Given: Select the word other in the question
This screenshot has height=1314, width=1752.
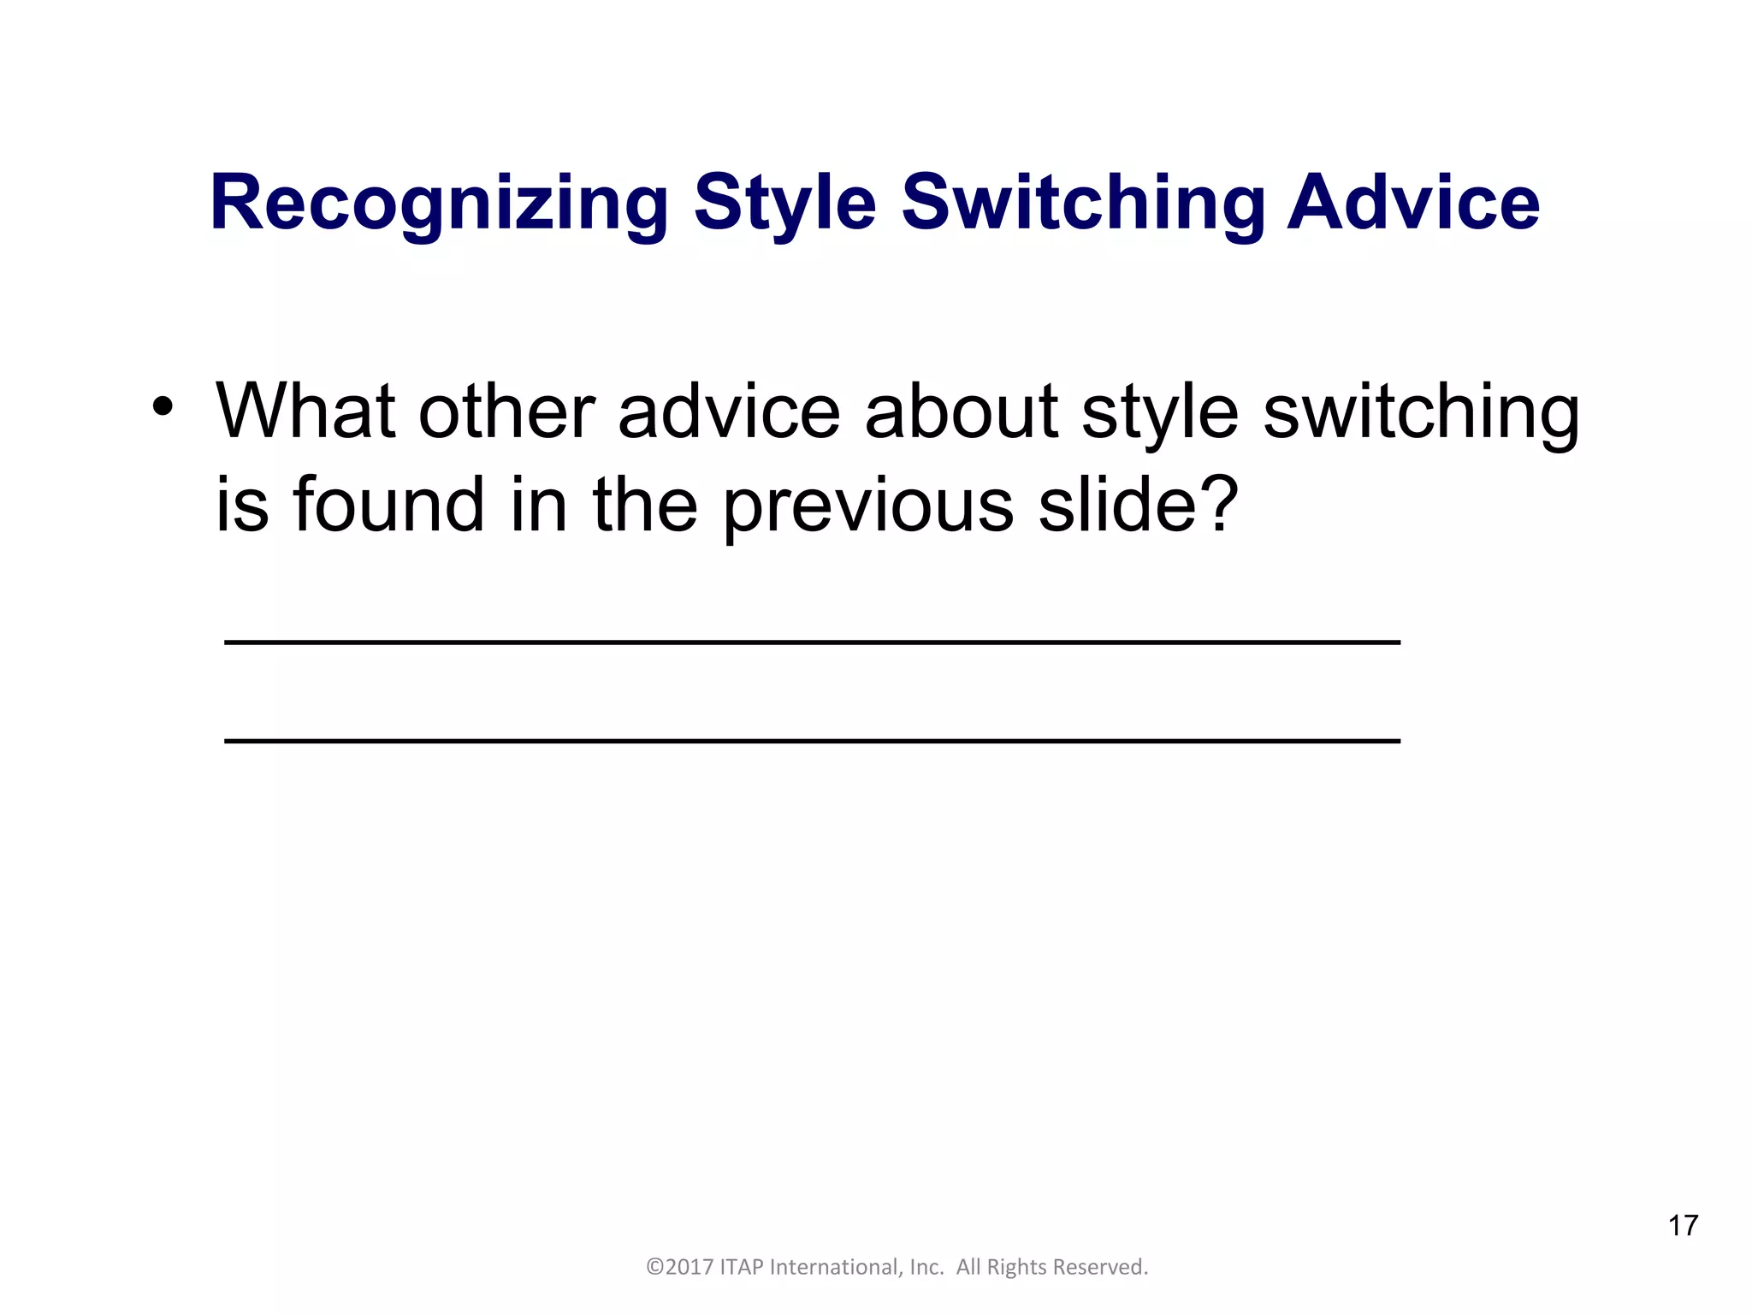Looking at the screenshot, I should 506,411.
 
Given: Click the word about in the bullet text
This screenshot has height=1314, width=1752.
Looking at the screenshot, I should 962,411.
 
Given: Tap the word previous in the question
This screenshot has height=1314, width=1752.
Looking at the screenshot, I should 868,506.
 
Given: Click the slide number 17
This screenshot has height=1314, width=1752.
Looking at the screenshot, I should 1682,1225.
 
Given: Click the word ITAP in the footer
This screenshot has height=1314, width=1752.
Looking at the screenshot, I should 743,1267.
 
